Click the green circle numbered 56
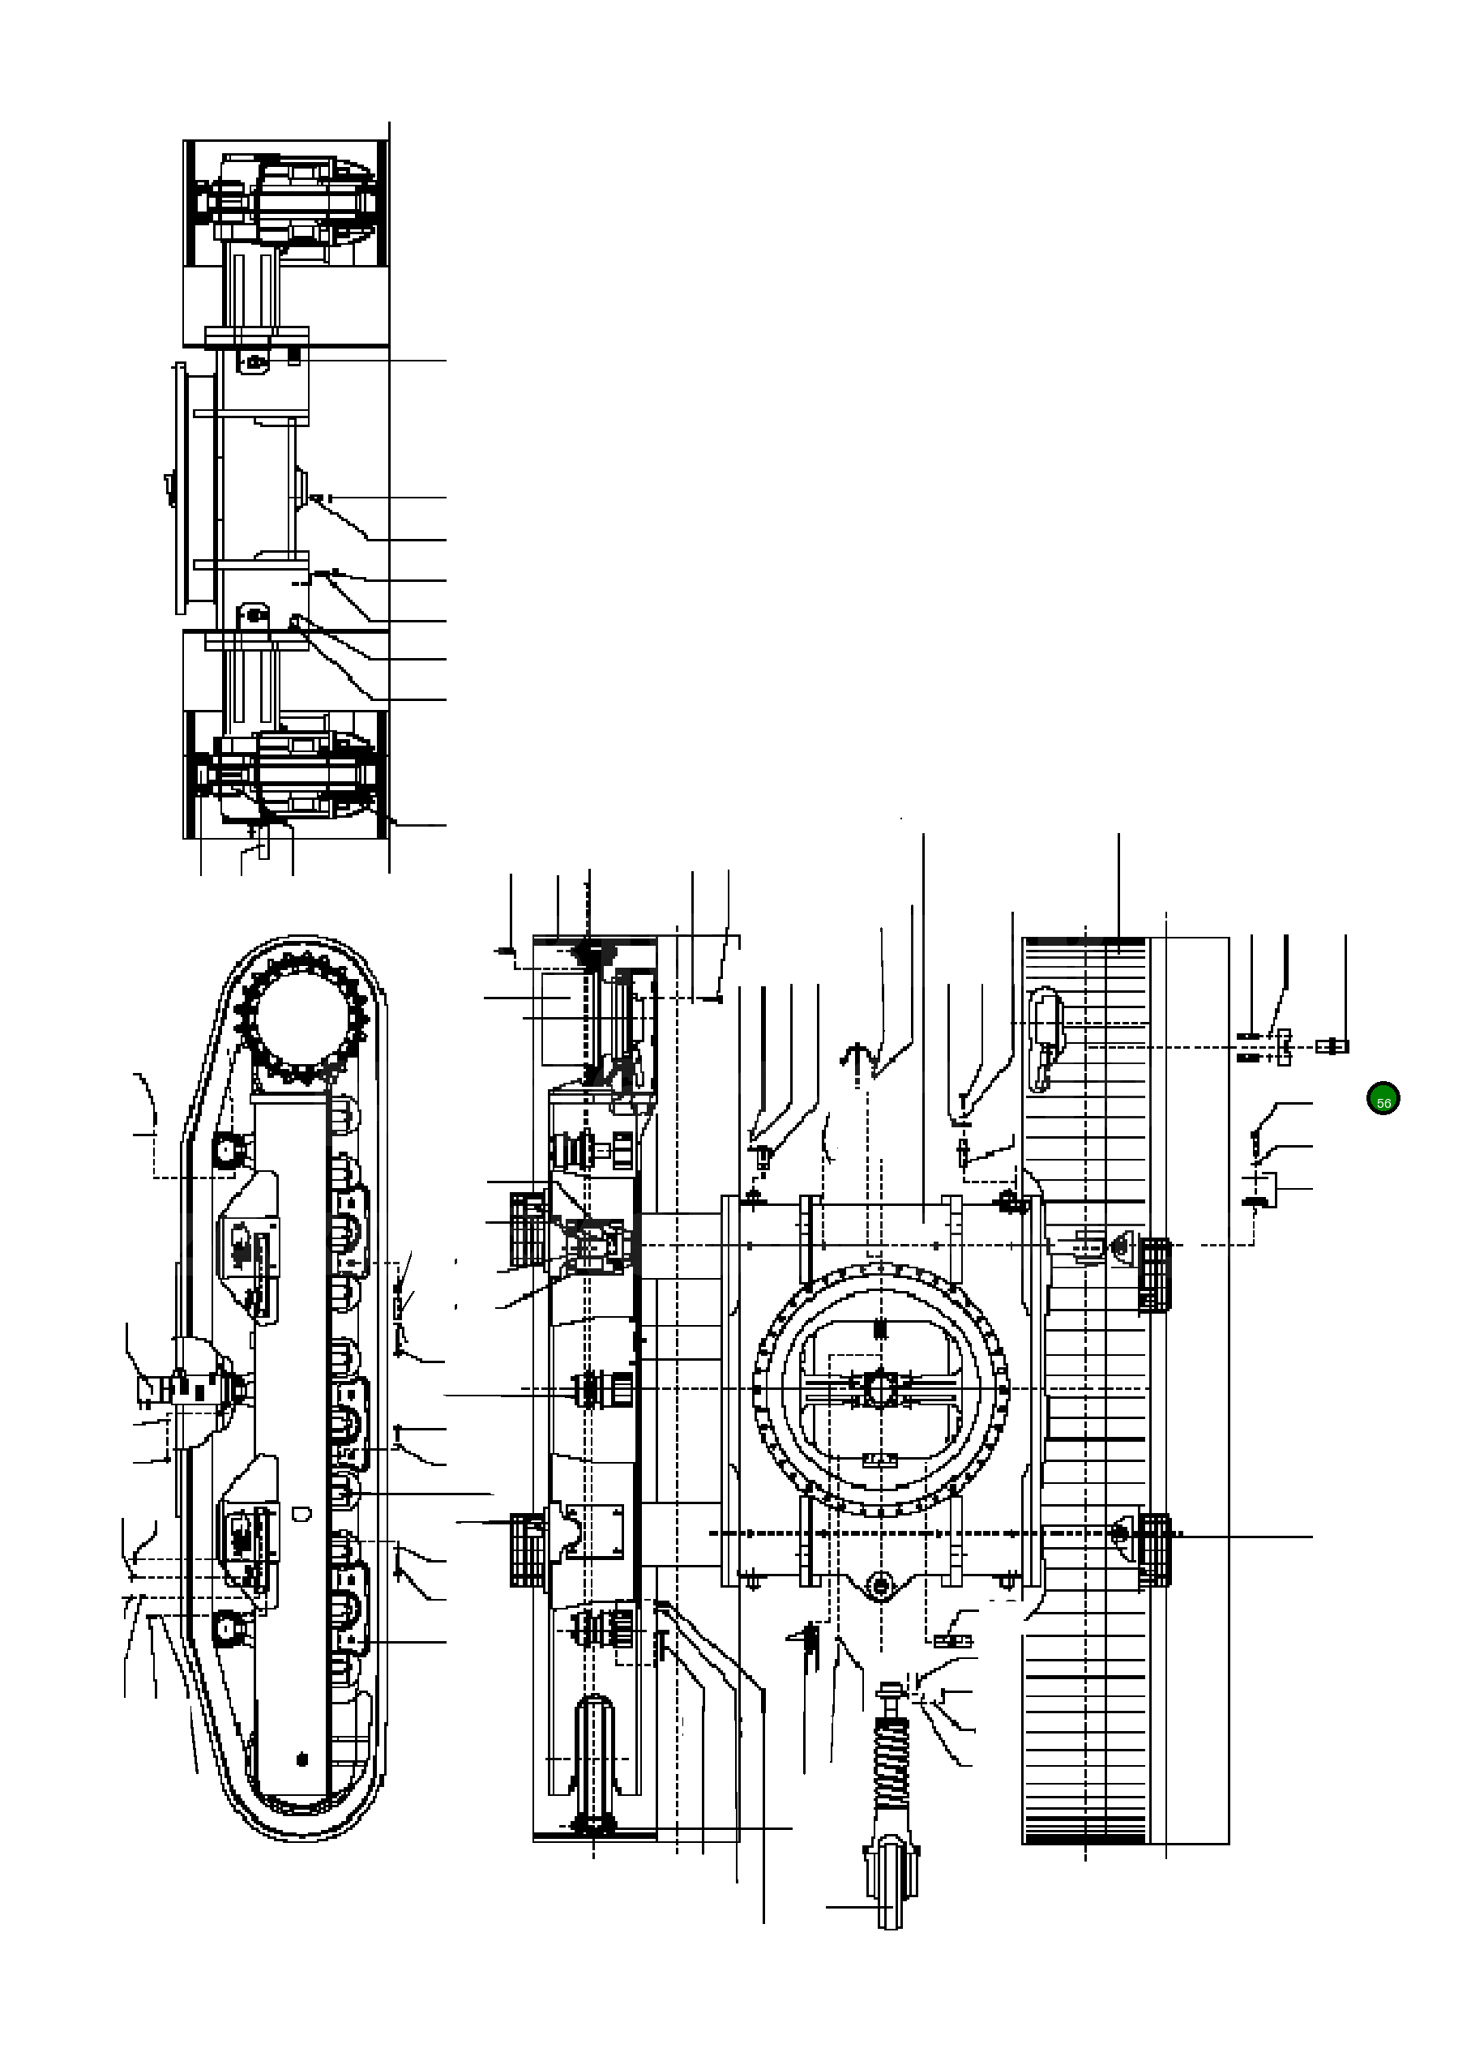tap(1383, 1098)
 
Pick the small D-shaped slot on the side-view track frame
tap(302, 1513)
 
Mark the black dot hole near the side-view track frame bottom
tap(302, 1758)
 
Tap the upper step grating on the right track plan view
tap(1154, 1275)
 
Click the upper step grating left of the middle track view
tap(528, 1229)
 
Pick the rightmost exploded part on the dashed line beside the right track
tap(1333, 1047)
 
